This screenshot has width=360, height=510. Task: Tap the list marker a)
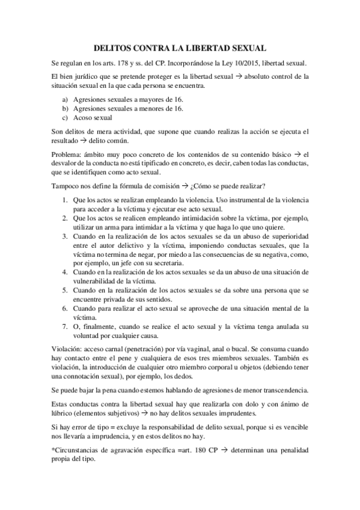pyautogui.click(x=65, y=98)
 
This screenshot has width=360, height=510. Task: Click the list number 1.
pyautogui.click(x=64, y=199)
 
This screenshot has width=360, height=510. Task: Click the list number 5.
pyautogui.click(x=64, y=290)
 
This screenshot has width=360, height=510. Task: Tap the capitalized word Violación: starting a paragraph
pyautogui.click(x=69, y=349)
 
